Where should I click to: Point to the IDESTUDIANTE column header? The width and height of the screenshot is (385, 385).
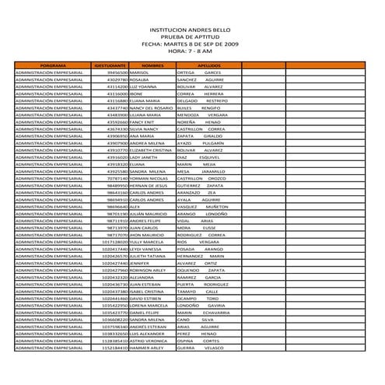coord(110,65)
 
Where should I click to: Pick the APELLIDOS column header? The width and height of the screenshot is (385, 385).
coord(209,65)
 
